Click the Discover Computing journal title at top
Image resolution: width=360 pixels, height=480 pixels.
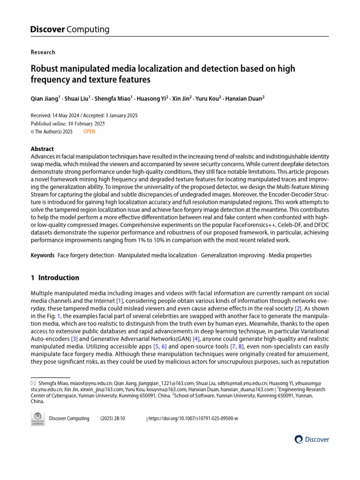click(70, 30)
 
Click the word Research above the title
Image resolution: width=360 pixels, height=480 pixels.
click(43, 52)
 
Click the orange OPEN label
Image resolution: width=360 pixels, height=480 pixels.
click(89, 132)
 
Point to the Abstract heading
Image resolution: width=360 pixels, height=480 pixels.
click(42, 149)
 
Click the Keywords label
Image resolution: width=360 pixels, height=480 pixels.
click(43, 255)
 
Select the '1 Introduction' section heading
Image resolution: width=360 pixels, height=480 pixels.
click(55, 277)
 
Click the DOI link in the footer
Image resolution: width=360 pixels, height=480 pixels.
click(193, 419)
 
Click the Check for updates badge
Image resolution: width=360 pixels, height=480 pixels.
click(37, 418)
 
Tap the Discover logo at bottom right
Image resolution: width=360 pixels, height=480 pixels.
click(312, 439)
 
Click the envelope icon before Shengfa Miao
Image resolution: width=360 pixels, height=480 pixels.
click(33, 383)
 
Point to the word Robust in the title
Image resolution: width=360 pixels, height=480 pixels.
click(45, 69)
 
